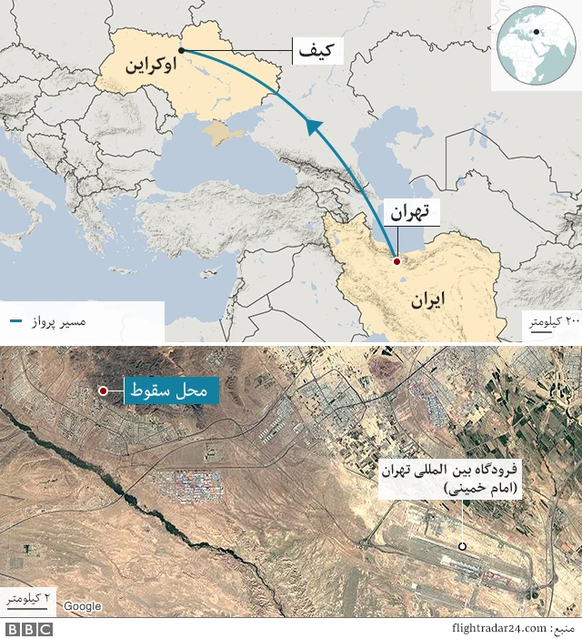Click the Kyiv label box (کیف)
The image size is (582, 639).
point(318,51)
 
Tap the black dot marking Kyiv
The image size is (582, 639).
point(182,50)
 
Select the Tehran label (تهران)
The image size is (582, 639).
point(409,213)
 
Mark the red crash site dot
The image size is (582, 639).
point(104,390)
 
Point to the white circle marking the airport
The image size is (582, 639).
point(462,546)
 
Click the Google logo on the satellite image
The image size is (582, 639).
point(82,605)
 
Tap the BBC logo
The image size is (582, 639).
point(29,629)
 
